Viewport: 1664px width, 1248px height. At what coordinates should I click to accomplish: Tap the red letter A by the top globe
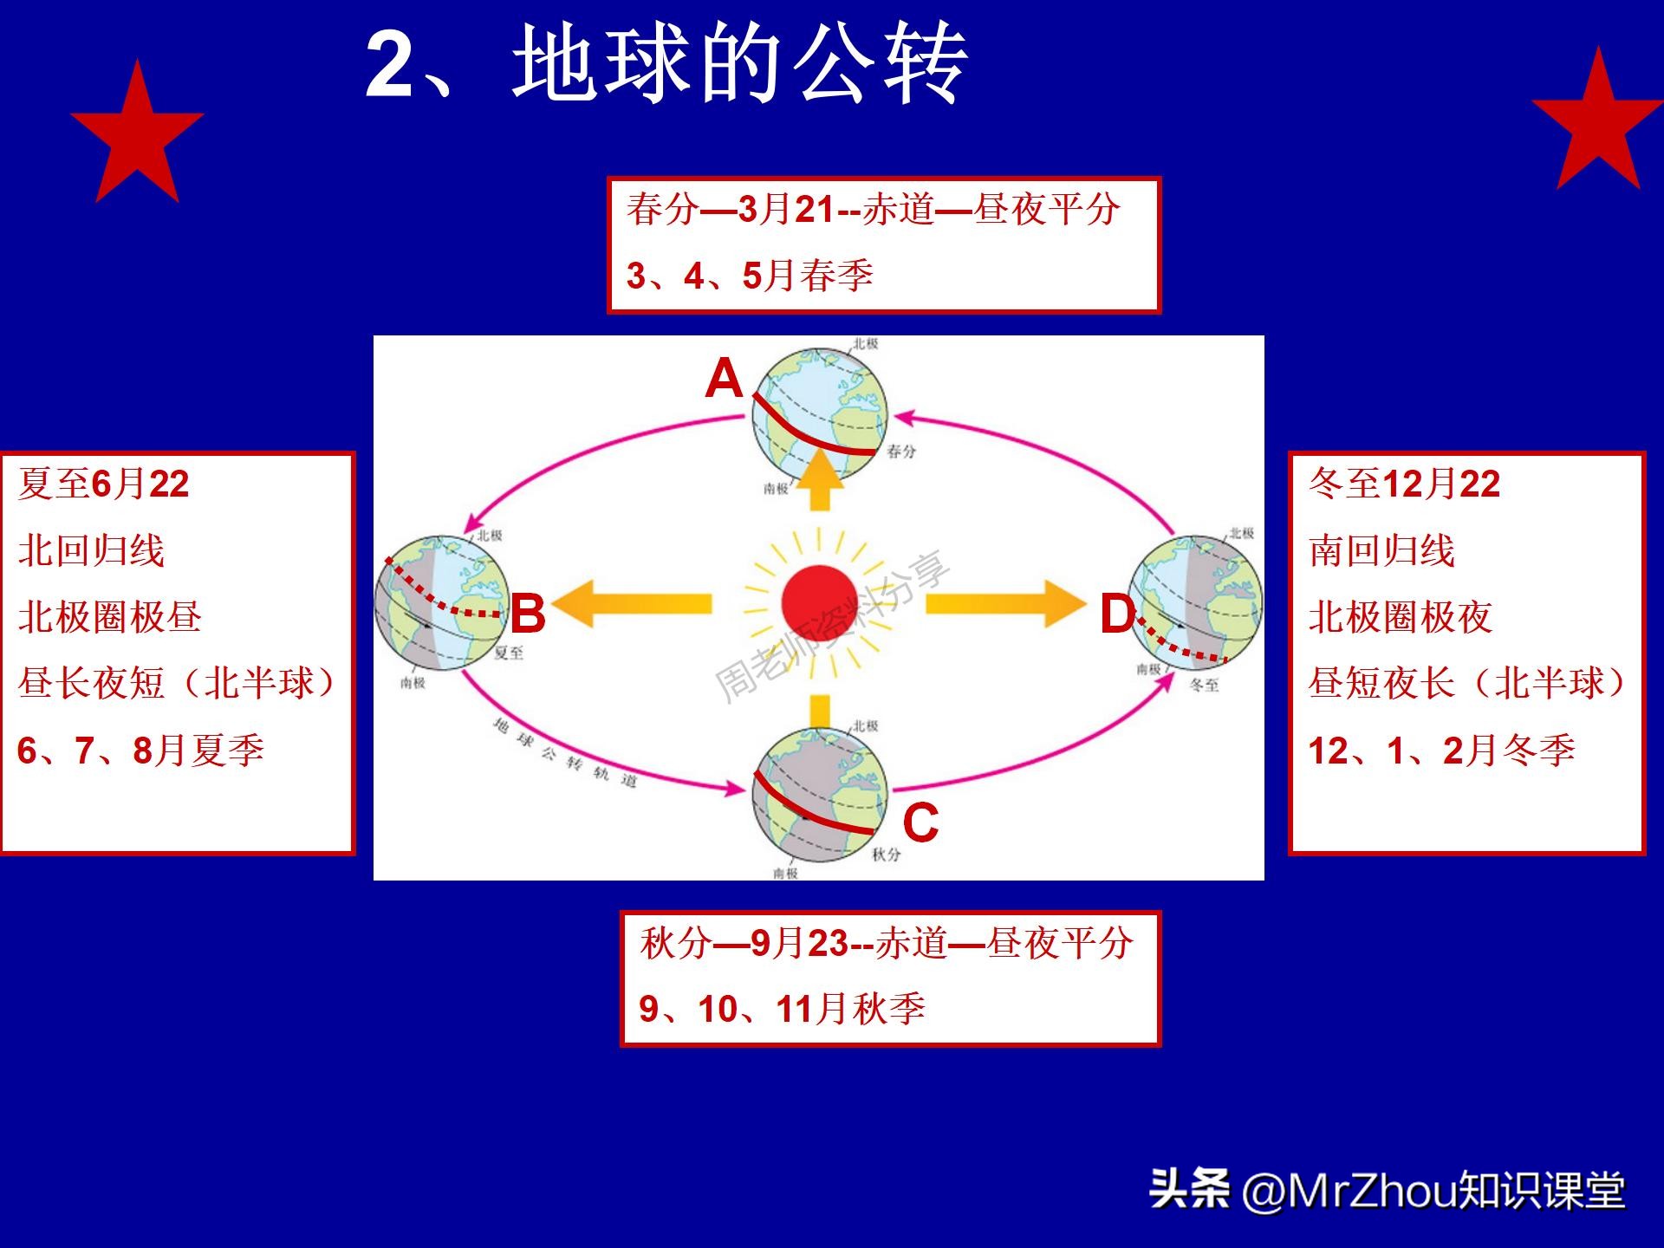pyautogui.click(x=724, y=380)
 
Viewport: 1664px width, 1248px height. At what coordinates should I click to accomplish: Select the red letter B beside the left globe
pyautogui.click(x=528, y=614)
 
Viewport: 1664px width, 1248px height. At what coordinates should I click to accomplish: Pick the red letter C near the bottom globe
pyautogui.click(x=920, y=822)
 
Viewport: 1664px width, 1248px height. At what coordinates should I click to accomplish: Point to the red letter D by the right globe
pyautogui.click(x=1117, y=615)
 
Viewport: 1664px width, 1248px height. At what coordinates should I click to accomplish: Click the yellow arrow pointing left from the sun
pyautogui.click(x=633, y=604)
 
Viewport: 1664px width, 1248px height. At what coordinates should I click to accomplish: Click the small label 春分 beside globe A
pyautogui.click(x=901, y=452)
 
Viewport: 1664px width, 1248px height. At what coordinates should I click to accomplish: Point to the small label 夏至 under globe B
pyautogui.click(x=509, y=653)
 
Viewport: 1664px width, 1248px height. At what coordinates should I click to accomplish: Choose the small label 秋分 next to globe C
pyautogui.click(x=886, y=855)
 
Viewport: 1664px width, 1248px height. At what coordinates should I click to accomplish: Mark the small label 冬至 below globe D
pyautogui.click(x=1204, y=685)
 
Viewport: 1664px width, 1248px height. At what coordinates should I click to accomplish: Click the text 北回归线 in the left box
pyautogui.click(x=91, y=551)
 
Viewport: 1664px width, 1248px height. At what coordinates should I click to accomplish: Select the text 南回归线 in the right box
pyautogui.click(x=1381, y=551)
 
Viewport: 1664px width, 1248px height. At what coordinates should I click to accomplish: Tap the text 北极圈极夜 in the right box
pyautogui.click(x=1400, y=617)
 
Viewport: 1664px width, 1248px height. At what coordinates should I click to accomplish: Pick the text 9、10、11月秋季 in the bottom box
pyautogui.click(x=782, y=1009)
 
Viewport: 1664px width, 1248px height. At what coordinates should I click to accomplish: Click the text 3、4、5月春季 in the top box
pyautogui.click(x=750, y=276)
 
